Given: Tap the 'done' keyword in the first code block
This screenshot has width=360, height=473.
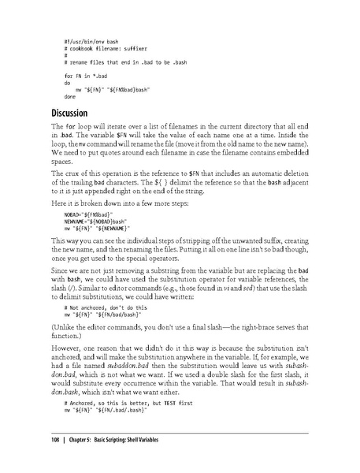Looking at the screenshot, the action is pyautogui.click(x=70, y=95).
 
